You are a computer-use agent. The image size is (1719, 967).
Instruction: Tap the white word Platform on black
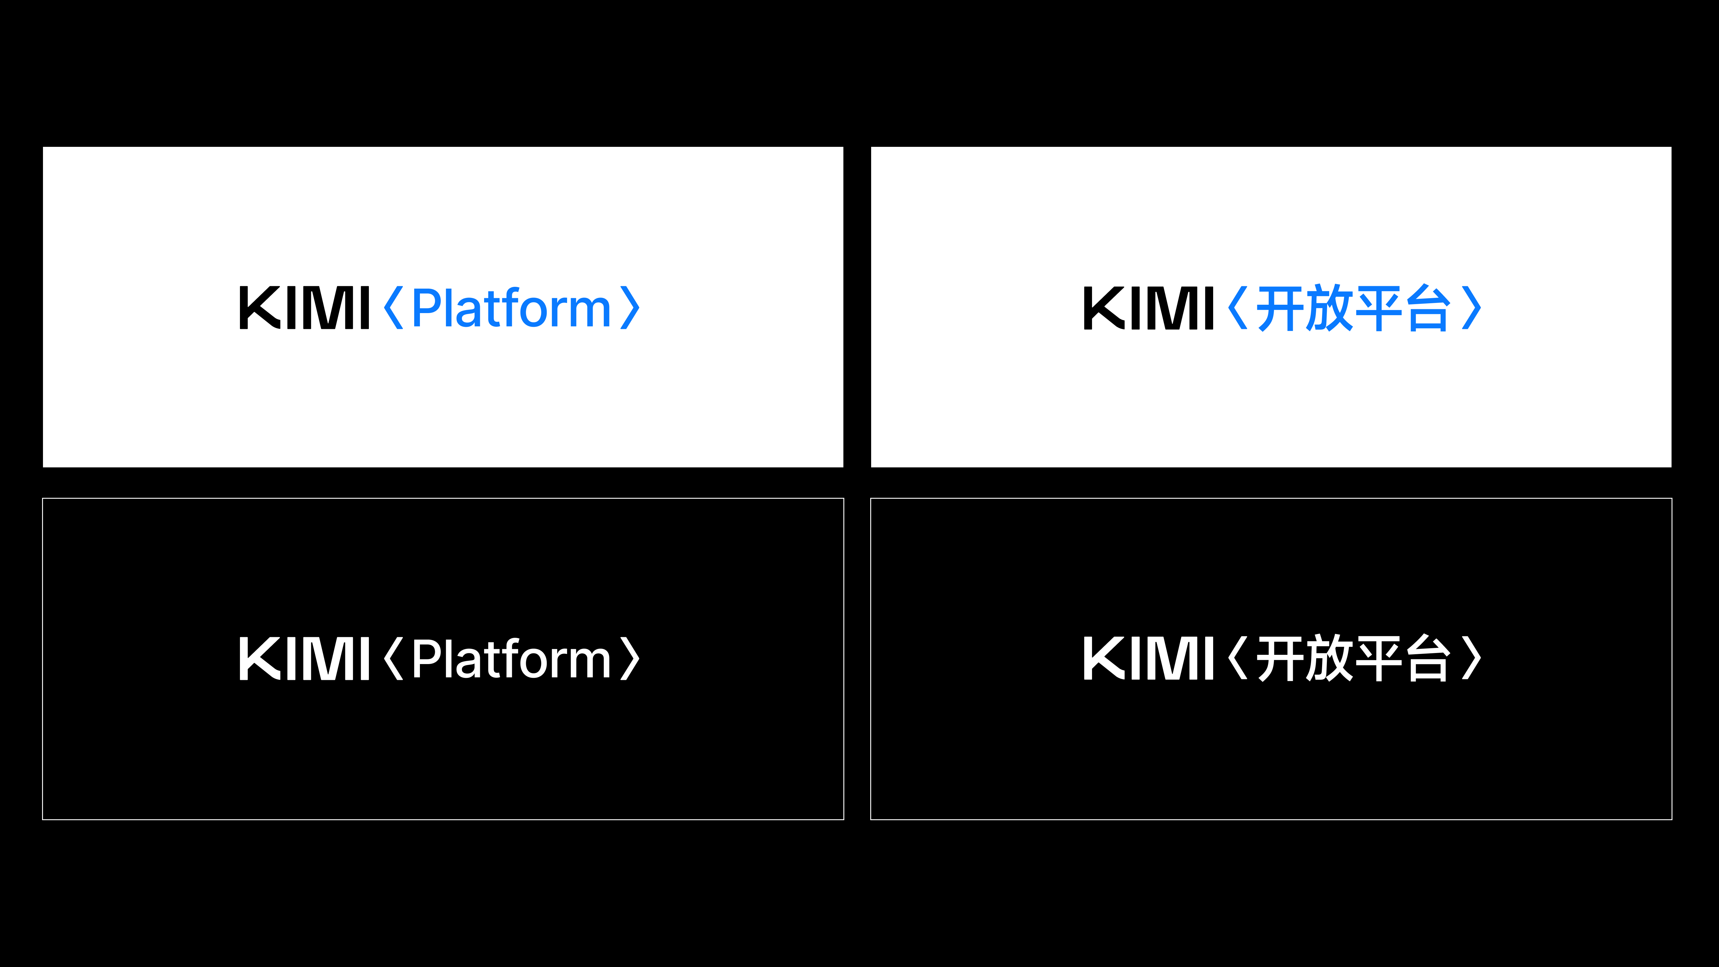[511, 659]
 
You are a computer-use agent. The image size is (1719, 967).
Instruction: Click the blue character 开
[1280, 308]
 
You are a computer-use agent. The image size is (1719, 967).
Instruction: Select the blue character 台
[1428, 308]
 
